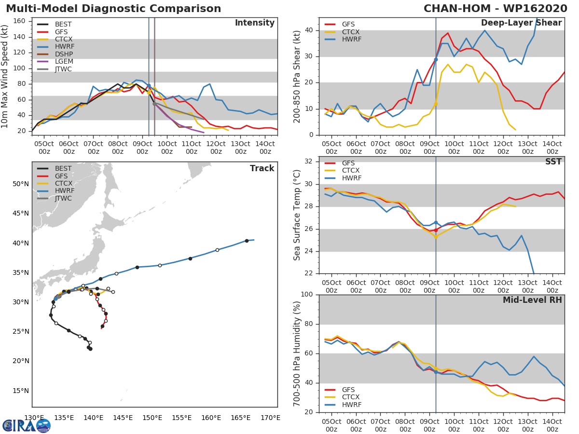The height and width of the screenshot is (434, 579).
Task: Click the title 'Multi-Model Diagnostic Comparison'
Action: [x=113, y=9]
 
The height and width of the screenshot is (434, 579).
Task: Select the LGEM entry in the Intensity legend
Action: [x=63, y=61]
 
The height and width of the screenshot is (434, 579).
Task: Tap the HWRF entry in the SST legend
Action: [x=351, y=178]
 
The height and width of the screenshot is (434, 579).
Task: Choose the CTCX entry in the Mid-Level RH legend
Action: [x=351, y=397]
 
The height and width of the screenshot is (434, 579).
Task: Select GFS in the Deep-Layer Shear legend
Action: [x=348, y=24]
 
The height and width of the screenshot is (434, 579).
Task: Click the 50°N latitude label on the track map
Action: [x=20, y=184]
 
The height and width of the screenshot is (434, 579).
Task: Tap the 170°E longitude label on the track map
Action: [x=270, y=418]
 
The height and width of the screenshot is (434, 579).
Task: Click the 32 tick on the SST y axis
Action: [x=309, y=162]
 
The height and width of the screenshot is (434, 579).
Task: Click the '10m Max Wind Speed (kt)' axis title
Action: [x=5, y=76]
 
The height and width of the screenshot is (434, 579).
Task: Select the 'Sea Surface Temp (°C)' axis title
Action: [x=297, y=215]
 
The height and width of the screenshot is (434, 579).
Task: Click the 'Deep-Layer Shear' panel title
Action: [x=521, y=23]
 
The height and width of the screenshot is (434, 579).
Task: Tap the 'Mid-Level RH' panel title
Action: [x=532, y=300]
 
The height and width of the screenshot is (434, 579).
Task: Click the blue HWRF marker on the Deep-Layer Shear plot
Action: [x=436, y=59]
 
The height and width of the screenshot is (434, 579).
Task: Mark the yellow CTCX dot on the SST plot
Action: [x=436, y=237]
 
